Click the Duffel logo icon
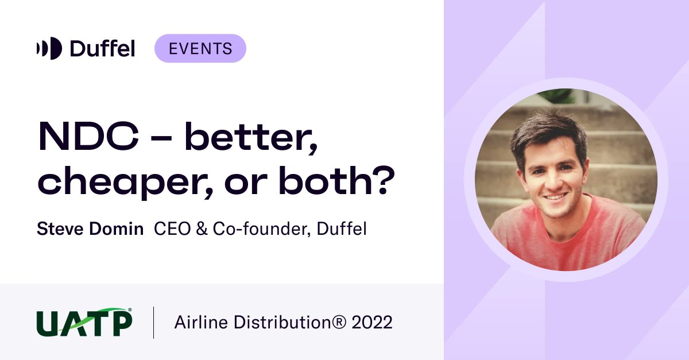49,48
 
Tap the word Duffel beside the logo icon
102,48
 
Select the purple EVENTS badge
200,48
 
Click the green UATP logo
84,322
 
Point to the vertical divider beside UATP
154,323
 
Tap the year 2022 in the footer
372,323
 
